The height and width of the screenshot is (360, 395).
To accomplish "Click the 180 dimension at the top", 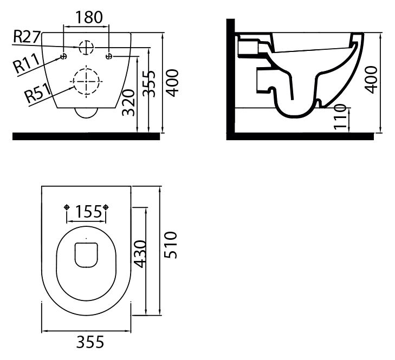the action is [x=89, y=17].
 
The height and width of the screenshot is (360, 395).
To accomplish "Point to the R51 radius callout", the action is [x=38, y=93].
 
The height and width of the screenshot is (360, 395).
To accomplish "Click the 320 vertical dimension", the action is [x=128, y=102].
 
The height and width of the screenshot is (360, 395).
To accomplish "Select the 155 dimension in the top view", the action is [x=88, y=212].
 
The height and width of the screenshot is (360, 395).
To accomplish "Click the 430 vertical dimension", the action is [x=140, y=254].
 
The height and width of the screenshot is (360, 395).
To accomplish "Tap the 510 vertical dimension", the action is [x=171, y=245].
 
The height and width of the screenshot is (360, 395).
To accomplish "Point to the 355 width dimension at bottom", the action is [x=90, y=342].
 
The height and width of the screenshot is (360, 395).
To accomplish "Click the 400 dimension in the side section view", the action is [x=371, y=80].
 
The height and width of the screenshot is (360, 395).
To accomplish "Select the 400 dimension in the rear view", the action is [x=173, y=83].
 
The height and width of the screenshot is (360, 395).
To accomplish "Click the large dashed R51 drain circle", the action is [x=86, y=82].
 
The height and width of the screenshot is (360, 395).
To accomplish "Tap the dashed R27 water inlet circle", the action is [x=86, y=47].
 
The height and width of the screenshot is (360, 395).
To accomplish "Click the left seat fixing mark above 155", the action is [x=67, y=207].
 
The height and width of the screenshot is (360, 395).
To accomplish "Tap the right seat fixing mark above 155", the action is [x=106, y=207].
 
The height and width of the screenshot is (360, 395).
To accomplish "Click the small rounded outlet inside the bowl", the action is [x=86, y=255].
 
